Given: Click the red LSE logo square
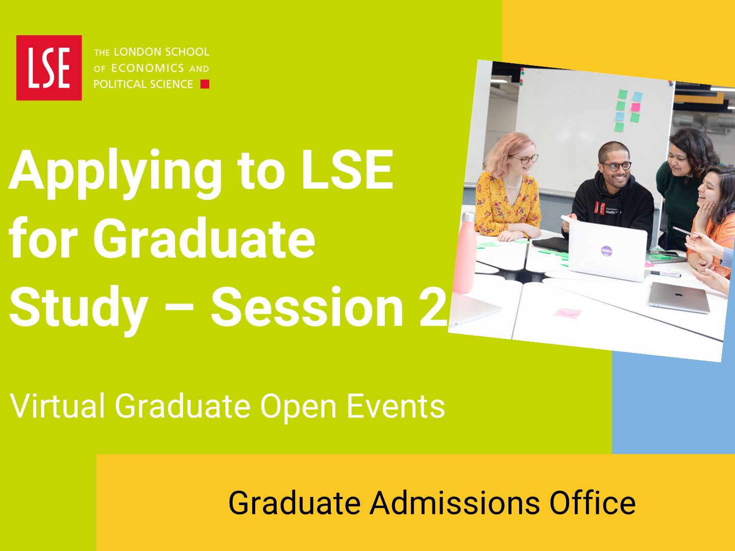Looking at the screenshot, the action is pos(49,67).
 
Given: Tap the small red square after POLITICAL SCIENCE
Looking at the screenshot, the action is pos(205,84).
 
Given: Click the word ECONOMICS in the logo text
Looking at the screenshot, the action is pos(148,68).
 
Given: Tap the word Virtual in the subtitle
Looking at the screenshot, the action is pos(57,406).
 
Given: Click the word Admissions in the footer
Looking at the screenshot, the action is pos(454,503).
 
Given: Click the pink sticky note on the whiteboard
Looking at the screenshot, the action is pos(635,107).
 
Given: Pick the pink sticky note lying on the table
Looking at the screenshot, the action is pos(568,313).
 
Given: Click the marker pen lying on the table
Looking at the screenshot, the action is pos(666,274).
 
